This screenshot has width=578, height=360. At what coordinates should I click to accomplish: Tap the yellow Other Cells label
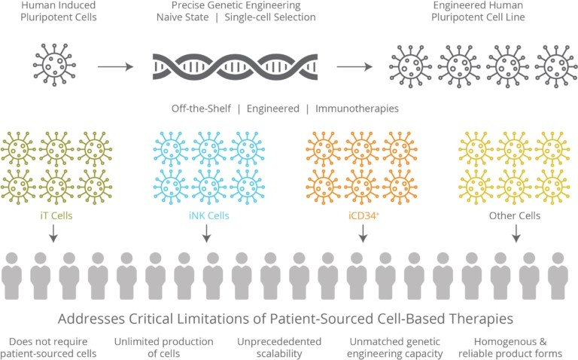(x=516, y=215)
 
